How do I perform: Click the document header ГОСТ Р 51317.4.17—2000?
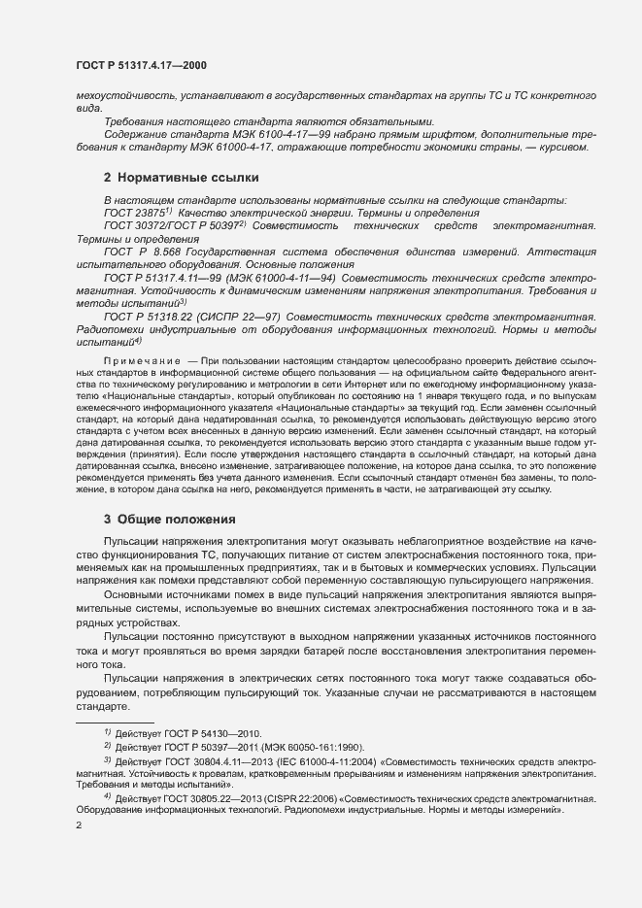coord(141,65)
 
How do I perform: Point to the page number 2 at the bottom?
coord(78,824)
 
